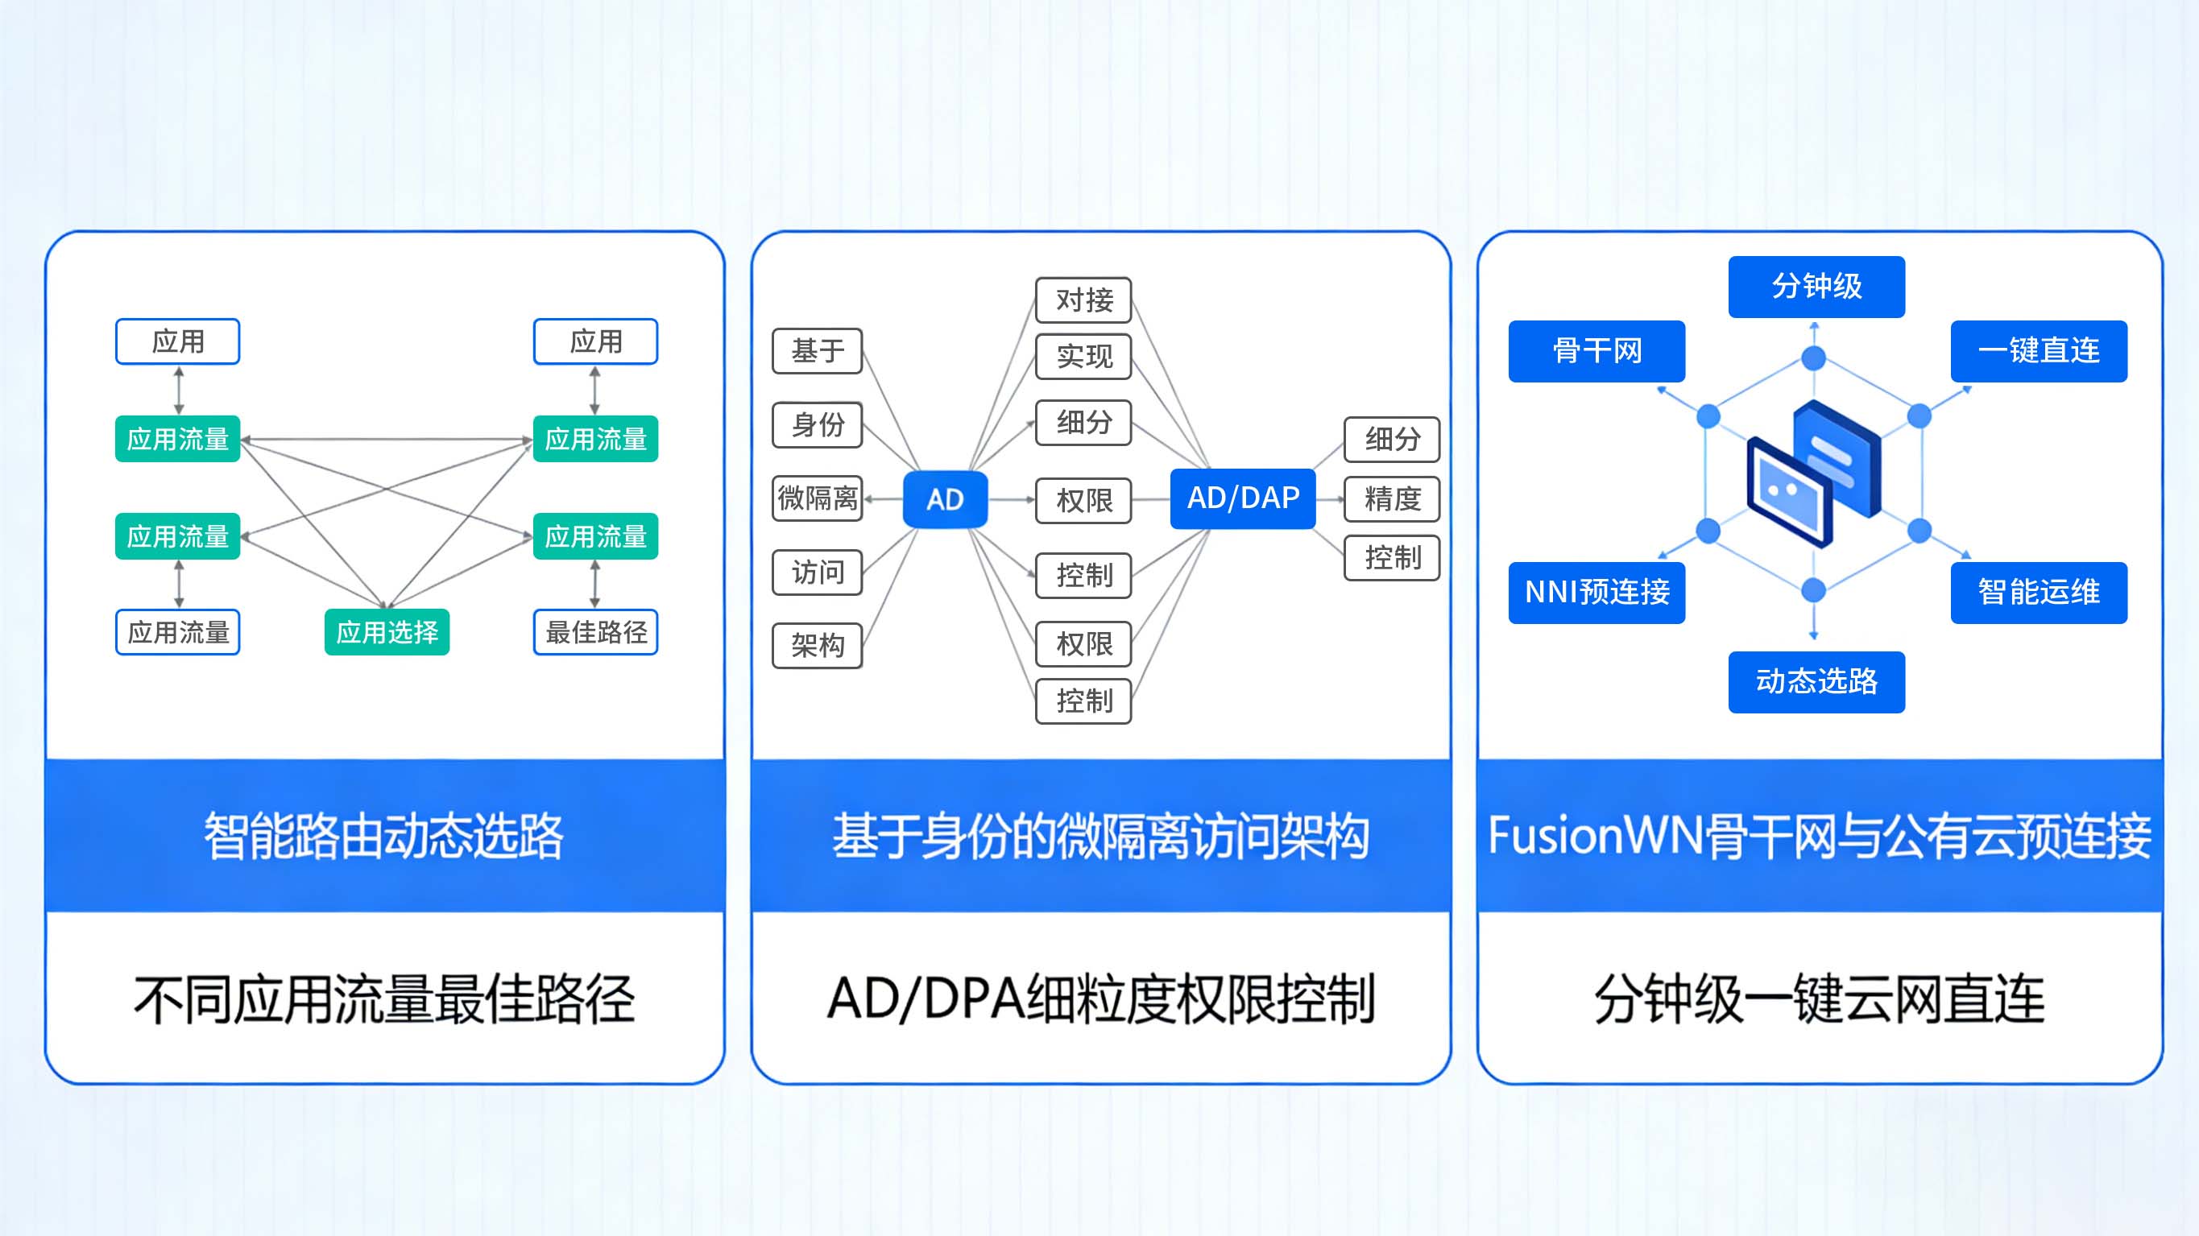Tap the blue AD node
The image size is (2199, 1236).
coord(945,499)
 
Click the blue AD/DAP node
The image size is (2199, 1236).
coord(1242,498)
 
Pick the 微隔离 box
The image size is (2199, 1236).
coord(817,498)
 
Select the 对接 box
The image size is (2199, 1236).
coord(1083,300)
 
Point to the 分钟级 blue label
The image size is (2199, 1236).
coord(1816,286)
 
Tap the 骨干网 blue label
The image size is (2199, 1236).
coord(1596,351)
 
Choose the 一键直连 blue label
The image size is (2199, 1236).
coord(2038,351)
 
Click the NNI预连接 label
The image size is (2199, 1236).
coord(1596,592)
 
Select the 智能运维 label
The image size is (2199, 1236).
coord(2038,592)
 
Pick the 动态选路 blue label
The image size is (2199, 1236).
coord(1816,681)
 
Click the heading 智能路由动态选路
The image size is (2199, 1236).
coord(384,836)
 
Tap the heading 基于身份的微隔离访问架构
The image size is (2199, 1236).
coord(1100,836)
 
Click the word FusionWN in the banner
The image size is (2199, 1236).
coord(1595,836)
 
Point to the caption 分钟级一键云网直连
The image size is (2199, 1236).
coord(1819,998)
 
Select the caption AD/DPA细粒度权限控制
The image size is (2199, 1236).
coord(1100,998)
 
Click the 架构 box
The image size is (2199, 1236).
coord(817,645)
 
